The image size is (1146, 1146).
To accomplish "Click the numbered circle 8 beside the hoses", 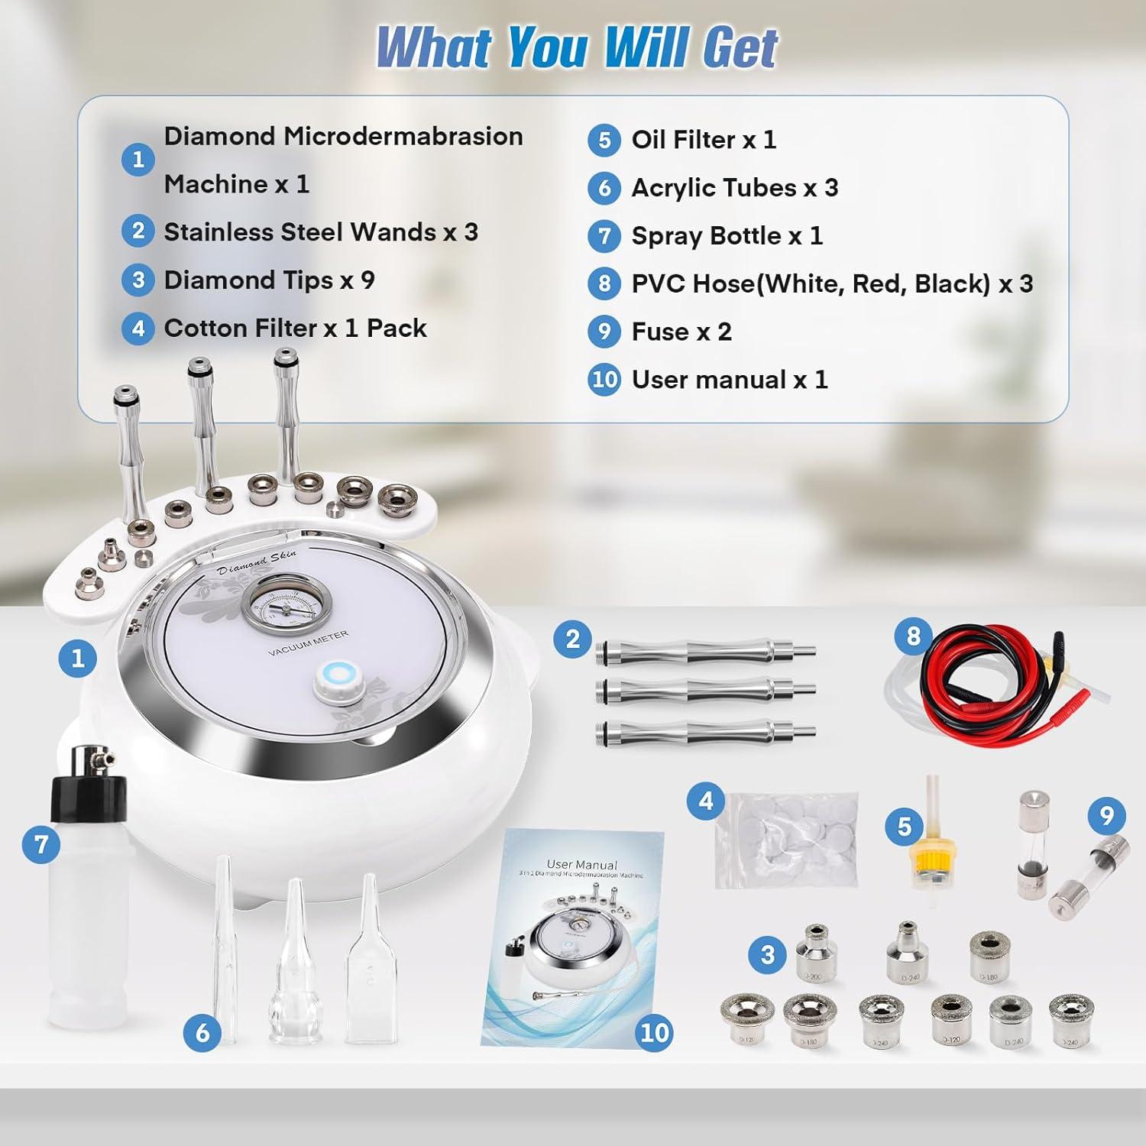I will (913, 636).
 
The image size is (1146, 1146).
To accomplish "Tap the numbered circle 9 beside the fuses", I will (1106, 816).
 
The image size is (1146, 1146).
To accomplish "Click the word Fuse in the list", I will (660, 332).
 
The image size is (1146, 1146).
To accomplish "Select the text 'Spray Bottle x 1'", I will (727, 236).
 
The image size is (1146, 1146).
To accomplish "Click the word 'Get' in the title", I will (739, 47).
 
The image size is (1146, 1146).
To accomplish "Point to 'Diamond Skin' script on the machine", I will (257, 562).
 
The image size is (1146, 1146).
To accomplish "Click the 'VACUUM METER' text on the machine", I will (308, 643).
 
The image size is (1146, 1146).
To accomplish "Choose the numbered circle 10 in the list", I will (604, 380).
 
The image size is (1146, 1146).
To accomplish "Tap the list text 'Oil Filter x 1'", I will (703, 140).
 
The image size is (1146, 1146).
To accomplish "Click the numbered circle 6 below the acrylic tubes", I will (202, 1033).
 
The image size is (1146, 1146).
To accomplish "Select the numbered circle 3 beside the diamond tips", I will (768, 954).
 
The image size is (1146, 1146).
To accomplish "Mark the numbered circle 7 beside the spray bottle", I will (41, 844).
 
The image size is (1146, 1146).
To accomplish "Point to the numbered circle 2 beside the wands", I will (573, 639).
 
